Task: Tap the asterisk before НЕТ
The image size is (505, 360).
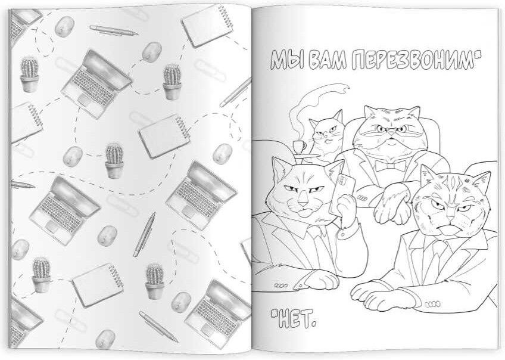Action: (x=275, y=312)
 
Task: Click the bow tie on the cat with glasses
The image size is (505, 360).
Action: (x=389, y=166)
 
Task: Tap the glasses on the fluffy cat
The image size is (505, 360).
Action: (x=390, y=129)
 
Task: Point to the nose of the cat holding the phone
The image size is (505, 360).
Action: (x=303, y=203)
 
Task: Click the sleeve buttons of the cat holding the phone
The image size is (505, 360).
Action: (x=280, y=285)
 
